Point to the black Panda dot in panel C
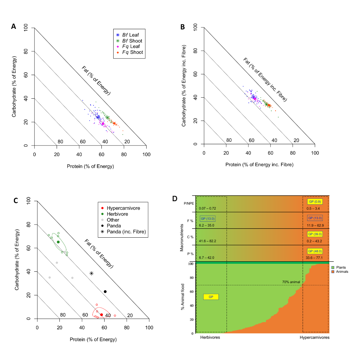(x=105, y=292)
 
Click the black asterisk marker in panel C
(x=91, y=273)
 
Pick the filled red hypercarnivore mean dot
(x=101, y=315)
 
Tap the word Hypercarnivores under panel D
(x=314, y=337)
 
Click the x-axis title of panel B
(x=259, y=164)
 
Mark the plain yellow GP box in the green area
(x=211, y=297)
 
